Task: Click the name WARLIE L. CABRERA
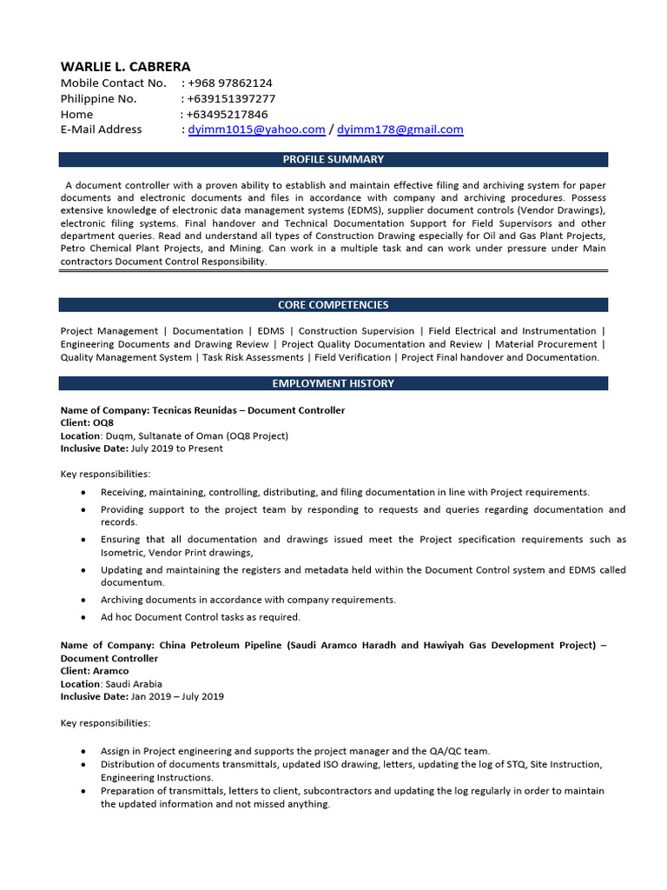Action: (x=125, y=67)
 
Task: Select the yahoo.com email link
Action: (x=256, y=130)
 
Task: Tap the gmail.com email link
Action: (x=400, y=130)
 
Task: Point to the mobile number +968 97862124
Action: (x=230, y=83)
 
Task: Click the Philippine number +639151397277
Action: (x=231, y=99)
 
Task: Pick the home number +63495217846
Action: (x=227, y=115)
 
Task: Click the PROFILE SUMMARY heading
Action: (x=333, y=159)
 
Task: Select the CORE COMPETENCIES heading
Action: (x=333, y=305)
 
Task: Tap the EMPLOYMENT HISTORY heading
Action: (x=333, y=383)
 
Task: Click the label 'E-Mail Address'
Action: (x=101, y=130)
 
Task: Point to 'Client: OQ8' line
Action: (x=87, y=422)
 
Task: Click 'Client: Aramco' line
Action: (x=94, y=671)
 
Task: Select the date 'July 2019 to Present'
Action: (x=176, y=448)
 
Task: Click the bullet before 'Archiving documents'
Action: (x=82, y=601)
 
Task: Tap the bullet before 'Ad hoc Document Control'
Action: (x=82, y=618)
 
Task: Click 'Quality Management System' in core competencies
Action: (x=126, y=357)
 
